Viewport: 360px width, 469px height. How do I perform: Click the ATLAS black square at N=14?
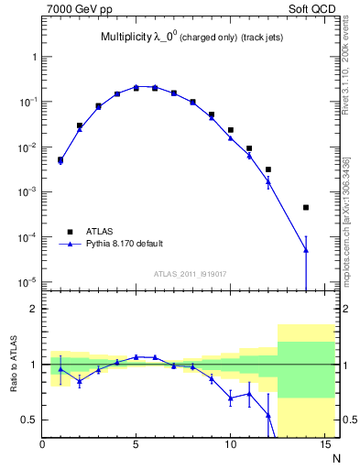[x=306, y=208]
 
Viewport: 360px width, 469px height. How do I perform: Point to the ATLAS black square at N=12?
[x=268, y=169]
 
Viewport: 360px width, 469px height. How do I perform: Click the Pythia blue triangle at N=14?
[x=306, y=249]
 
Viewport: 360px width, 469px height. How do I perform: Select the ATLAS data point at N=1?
[x=60, y=159]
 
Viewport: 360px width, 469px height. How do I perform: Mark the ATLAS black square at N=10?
[x=231, y=130]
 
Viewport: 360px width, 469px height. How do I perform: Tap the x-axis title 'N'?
[x=336, y=458]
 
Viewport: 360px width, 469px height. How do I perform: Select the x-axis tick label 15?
[x=324, y=445]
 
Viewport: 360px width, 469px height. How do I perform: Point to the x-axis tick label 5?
[x=136, y=445]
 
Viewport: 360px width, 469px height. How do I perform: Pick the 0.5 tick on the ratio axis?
[x=28, y=420]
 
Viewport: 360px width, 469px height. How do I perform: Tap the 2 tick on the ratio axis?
[x=33, y=309]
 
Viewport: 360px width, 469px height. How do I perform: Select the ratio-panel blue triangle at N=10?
[x=231, y=397]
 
